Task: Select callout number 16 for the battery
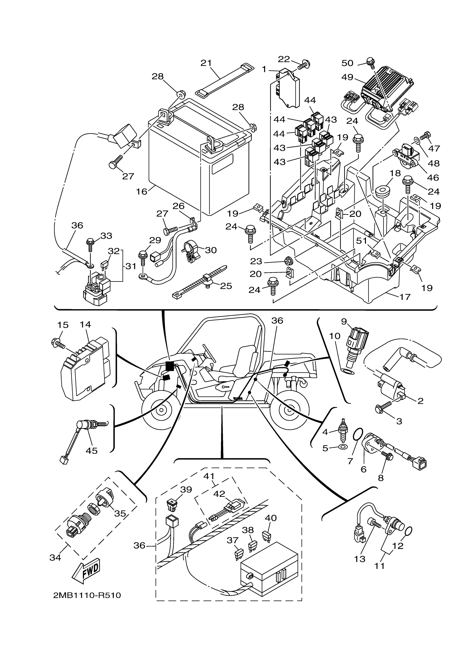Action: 141,192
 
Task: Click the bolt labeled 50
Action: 371,62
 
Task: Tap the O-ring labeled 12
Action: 409,531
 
